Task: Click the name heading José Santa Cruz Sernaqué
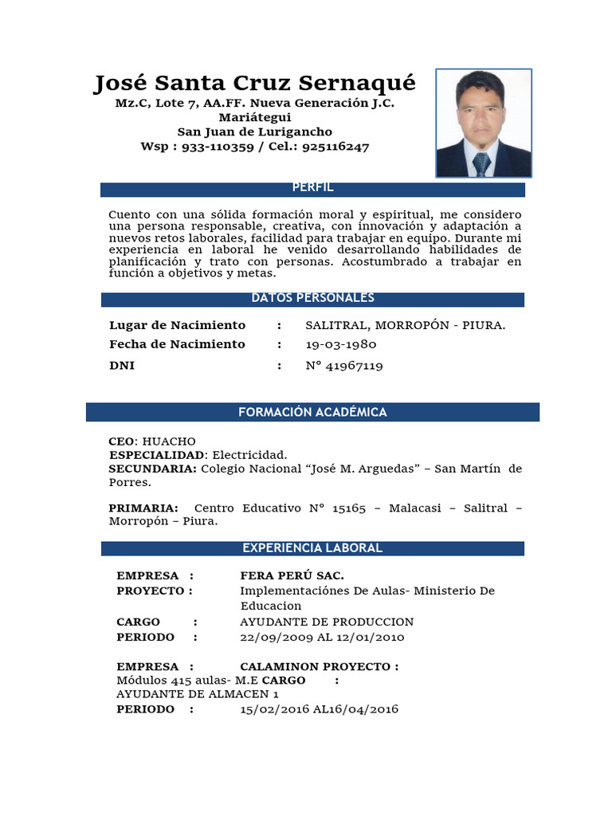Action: pos(255,83)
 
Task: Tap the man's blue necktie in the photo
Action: pos(481,164)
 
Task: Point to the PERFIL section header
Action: pos(312,188)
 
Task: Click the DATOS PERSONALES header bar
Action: pos(312,299)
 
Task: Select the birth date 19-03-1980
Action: pos(341,344)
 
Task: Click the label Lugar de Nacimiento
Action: pos(177,325)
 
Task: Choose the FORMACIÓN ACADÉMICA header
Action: pos(312,412)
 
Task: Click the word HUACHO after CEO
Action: pos(168,441)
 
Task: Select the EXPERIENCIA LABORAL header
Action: pos(312,548)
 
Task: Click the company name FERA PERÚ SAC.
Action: pos(292,575)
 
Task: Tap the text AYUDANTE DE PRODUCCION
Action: pos(327,622)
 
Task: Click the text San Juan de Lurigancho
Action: pos(255,131)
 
